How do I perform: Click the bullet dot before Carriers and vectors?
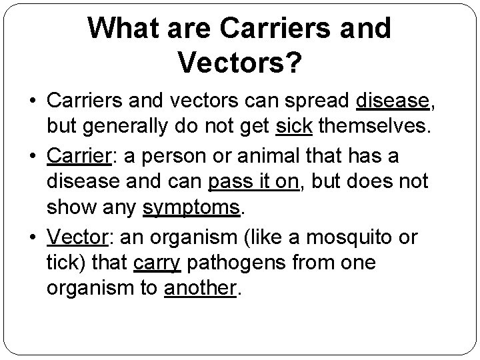[32, 101]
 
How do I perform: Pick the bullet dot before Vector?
[32, 237]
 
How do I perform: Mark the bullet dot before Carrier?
[32, 156]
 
